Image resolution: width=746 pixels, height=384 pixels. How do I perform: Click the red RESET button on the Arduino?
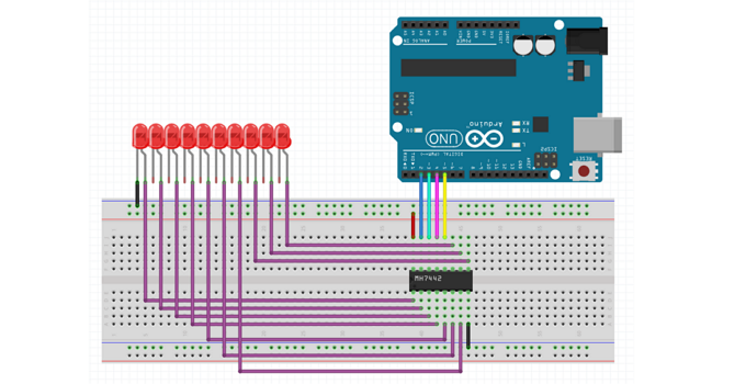[584, 171]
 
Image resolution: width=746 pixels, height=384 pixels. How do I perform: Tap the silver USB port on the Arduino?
[597, 134]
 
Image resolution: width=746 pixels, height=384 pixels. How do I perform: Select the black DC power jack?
[586, 41]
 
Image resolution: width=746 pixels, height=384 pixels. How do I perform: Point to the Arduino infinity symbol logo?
[484, 139]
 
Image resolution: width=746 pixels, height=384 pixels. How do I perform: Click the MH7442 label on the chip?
[428, 279]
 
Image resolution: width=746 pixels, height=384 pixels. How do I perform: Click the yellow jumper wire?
[445, 206]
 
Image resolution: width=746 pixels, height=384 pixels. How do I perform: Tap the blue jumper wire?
[421, 206]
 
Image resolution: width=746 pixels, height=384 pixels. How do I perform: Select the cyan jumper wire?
[428, 206]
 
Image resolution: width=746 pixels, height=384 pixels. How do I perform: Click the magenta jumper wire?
[437, 206]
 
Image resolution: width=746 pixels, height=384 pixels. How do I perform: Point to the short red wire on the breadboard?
[413, 225]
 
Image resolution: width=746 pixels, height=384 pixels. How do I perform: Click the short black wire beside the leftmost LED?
[137, 195]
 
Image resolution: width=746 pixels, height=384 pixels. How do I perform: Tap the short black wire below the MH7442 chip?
[468, 335]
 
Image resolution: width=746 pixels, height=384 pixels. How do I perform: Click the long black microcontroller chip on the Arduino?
[459, 67]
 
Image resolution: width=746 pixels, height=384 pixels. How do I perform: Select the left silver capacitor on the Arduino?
[523, 46]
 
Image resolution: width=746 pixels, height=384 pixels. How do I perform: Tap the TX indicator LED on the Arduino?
[516, 131]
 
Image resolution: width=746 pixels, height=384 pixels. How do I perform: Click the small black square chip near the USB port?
[540, 124]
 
